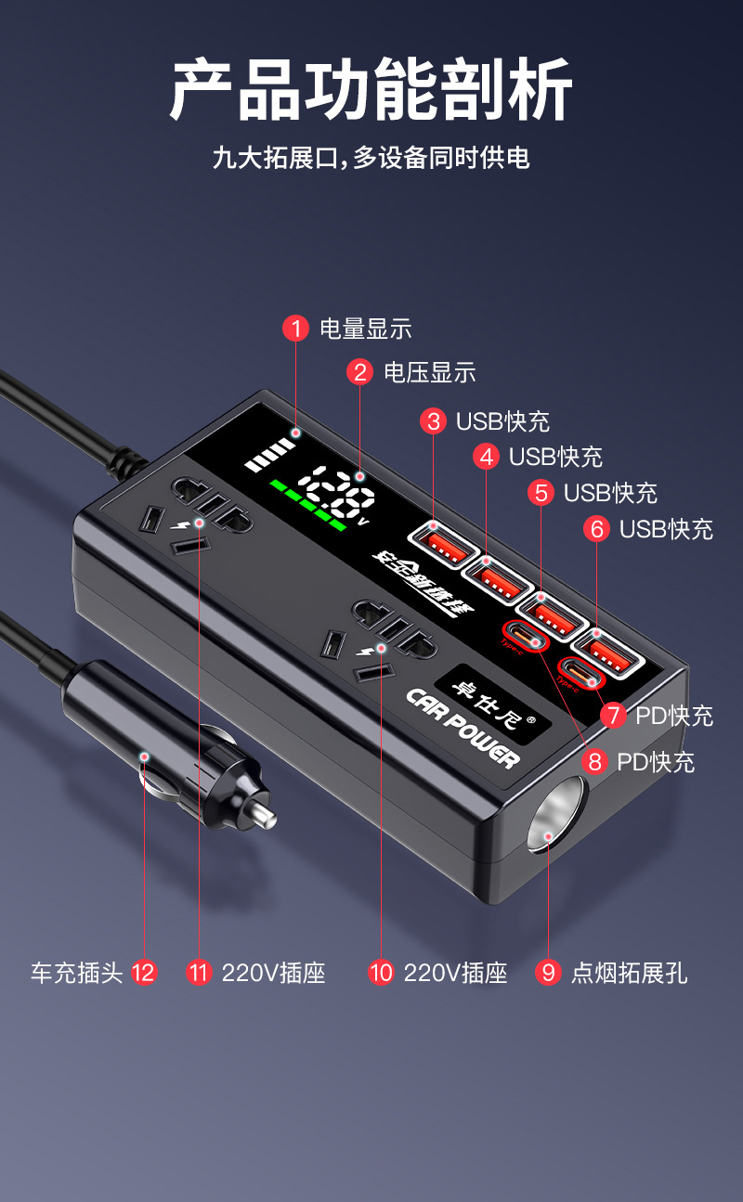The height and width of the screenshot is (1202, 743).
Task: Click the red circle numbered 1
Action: click(x=295, y=329)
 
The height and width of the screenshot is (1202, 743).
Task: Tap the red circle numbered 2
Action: click(x=359, y=373)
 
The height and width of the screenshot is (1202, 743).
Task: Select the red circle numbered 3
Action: click(x=433, y=421)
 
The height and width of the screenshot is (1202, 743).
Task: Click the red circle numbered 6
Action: click(x=596, y=529)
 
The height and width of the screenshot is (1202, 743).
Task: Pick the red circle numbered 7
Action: click(x=612, y=716)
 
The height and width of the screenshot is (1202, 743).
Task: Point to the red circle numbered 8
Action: click(x=594, y=762)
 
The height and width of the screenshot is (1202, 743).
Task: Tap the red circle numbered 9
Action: click(x=549, y=973)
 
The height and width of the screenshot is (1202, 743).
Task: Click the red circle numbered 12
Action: click(x=143, y=973)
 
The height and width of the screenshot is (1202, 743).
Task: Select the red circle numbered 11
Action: click(x=199, y=973)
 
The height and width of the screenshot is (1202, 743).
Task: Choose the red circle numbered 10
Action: click(x=381, y=973)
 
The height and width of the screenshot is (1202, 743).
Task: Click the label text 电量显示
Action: click(x=365, y=329)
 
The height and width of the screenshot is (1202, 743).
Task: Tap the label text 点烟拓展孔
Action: click(x=629, y=973)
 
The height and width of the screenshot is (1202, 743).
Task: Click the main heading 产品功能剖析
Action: click(x=371, y=89)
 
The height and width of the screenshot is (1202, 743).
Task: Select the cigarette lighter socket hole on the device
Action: click(x=555, y=817)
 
